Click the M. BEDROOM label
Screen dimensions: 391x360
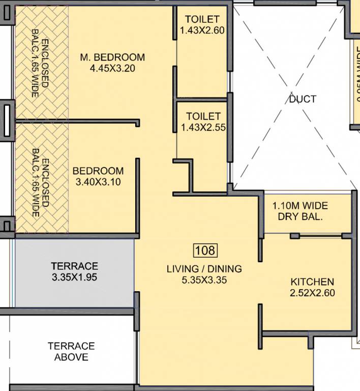tap(112, 58)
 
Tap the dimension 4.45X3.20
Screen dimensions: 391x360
tap(112, 69)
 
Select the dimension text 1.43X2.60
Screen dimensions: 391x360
tap(202, 31)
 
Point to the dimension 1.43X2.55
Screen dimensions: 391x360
tap(203, 127)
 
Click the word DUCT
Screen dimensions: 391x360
tap(303, 99)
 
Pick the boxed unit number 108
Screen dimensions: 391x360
tap(205, 250)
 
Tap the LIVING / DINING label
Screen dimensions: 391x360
tap(204, 269)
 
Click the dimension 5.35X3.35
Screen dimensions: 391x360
tap(204, 280)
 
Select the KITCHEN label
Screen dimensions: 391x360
tap(312, 282)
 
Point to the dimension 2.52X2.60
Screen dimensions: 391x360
tap(312, 293)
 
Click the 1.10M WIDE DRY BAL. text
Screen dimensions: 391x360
tap(300, 211)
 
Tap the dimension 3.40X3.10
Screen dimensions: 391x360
tap(98, 182)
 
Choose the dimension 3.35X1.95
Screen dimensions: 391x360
tap(74, 277)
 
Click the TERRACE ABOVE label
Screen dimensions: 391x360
tap(71, 352)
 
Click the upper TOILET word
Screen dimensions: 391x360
tap(202, 19)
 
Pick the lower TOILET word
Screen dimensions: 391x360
tap(203, 117)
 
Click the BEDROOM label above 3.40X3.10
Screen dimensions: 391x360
tap(98, 171)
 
